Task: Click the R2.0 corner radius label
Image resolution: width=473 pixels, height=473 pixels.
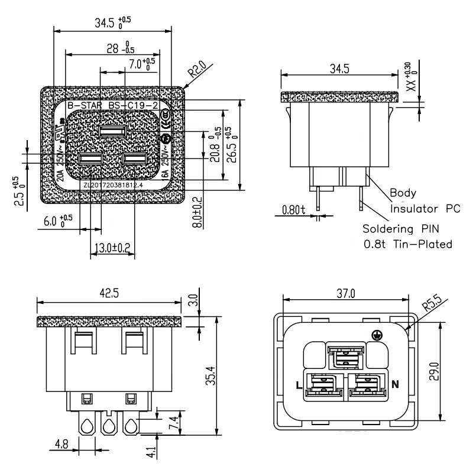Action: pyautogui.click(x=197, y=73)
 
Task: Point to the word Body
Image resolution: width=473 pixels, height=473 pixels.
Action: pyautogui.click(x=403, y=193)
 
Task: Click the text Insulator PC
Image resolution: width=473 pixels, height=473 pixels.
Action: pyautogui.click(x=424, y=208)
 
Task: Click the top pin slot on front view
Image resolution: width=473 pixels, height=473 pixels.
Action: pyautogui.click(x=112, y=131)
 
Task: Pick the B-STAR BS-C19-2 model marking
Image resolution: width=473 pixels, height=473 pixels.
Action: pyautogui.click(x=112, y=105)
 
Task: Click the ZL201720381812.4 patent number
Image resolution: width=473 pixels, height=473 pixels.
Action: pyautogui.click(x=113, y=185)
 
